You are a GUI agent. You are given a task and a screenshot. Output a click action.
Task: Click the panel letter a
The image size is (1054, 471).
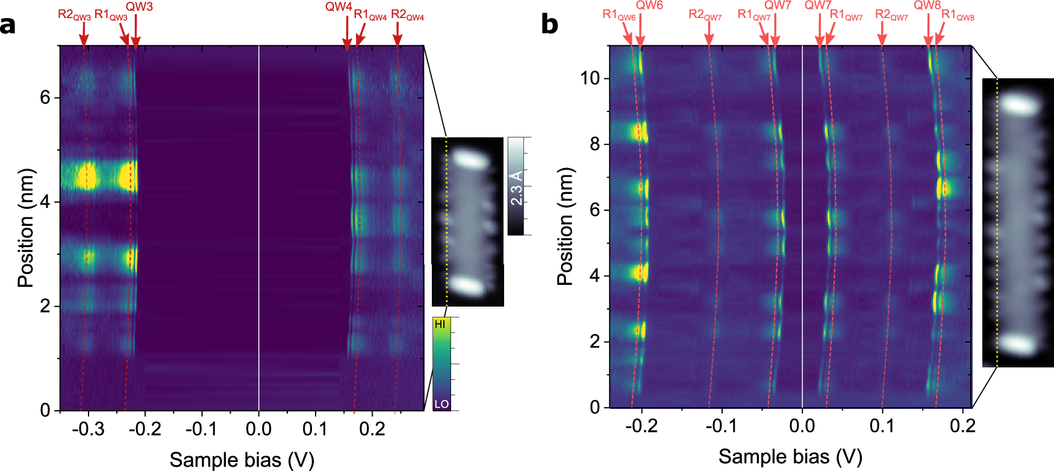click(x=8, y=26)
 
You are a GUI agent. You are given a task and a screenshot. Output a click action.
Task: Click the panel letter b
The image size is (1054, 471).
click(x=549, y=25)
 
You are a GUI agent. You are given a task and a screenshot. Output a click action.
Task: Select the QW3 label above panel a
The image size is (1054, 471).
click(x=139, y=7)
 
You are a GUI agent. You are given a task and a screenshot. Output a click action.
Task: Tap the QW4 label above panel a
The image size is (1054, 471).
click(x=338, y=7)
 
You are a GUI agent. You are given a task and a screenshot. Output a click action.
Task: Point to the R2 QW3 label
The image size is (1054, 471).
click(x=73, y=14)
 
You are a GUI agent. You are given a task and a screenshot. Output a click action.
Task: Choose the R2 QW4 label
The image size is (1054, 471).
click(x=407, y=15)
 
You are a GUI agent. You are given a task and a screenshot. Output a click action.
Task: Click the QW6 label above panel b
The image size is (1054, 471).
click(x=649, y=5)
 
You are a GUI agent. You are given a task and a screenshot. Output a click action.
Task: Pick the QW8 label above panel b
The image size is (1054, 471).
click(x=927, y=5)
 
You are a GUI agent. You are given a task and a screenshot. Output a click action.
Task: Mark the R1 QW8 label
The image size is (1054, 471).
click(x=958, y=15)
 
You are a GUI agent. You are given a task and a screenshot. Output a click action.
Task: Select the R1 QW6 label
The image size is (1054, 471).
click(x=619, y=15)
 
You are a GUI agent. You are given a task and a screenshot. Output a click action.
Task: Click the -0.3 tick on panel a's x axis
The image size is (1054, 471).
click(x=88, y=429)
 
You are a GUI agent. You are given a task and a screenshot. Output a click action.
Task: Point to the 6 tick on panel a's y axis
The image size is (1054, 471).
click(x=45, y=98)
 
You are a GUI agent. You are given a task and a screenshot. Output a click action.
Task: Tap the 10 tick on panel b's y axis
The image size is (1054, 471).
click(x=590, y=78)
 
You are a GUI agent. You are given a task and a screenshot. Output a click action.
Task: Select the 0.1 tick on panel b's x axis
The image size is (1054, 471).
click(x=882, y=426)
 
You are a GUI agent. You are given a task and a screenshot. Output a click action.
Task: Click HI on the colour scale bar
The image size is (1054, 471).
click(x=440, y=324)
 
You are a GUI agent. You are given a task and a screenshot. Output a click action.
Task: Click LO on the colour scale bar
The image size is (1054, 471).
click(x=441, y=404)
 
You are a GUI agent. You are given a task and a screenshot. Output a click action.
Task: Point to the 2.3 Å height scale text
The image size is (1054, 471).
click(x=517, y=187)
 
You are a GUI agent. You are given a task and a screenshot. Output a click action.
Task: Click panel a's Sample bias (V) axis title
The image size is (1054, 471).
click(x=242, y=460)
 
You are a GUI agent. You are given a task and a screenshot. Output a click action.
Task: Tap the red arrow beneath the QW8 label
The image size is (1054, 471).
click(x=928, y=30)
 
